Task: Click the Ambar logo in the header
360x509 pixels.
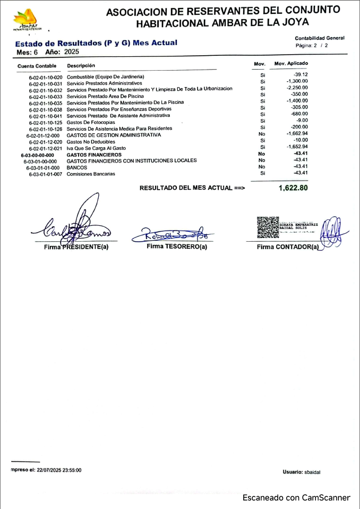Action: pos(27,20)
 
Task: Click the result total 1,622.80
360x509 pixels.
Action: pos(293,188)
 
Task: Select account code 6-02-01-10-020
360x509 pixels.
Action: pos(46,78)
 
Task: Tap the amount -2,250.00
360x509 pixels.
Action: pos(297,88)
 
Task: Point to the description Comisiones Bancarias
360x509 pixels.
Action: pos(91,174)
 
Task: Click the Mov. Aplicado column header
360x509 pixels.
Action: pos(291,64)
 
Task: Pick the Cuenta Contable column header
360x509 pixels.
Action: pos(37,66)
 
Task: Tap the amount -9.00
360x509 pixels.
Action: pos(301,121)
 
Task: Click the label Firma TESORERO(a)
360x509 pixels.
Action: pos(176,246)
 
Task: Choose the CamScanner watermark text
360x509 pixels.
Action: pos(296,498)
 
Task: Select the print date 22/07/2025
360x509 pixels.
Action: pos(47,470)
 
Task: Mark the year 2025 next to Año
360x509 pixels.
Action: pos(71,52)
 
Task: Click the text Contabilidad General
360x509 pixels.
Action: pos(319,38)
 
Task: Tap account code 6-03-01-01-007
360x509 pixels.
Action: pos(46,174)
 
